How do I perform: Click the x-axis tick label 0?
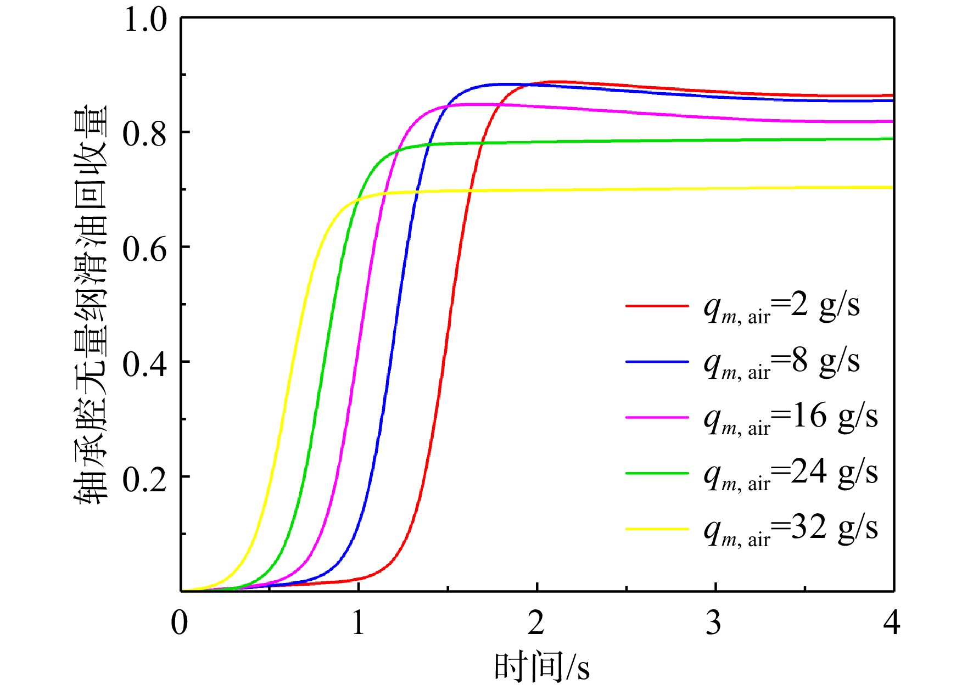tap(180, 622)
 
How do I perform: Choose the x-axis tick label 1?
tap(359, 622)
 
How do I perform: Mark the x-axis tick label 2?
tap(536, 622)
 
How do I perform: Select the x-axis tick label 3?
tap(714, 622)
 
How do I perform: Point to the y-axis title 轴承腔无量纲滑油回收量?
tap(91, 305)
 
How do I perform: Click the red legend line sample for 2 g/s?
tap(657, 305)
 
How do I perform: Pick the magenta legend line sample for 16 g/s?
tap(657, 418)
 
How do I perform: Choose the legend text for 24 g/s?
tap(791, 474)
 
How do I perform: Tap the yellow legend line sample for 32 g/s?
tap(657, 529)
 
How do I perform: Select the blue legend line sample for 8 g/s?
tap(657, 362)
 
